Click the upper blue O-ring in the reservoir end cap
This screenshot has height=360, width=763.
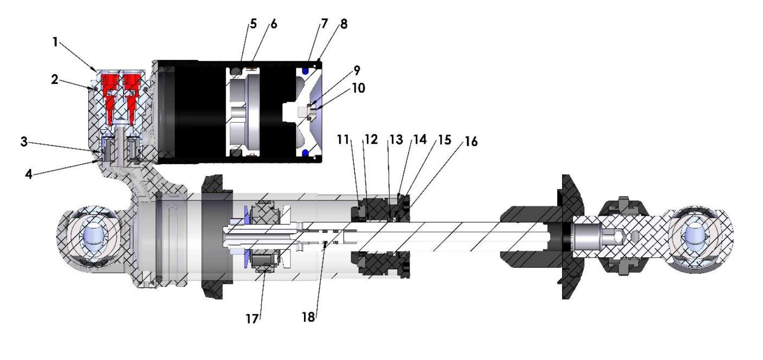pyautogui.click(x=304, y=71)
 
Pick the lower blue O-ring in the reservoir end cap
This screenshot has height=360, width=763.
pyautogui.click(x=304, y=152)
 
